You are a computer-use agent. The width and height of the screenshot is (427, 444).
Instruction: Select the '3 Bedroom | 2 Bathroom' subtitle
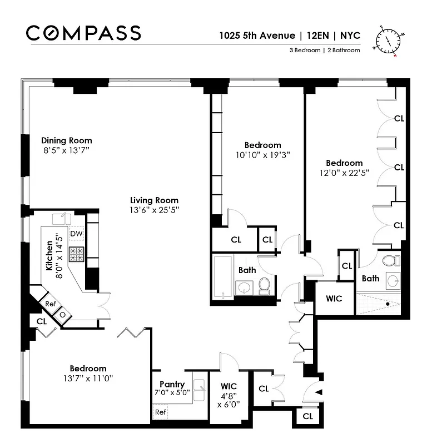click(x=324, y=51)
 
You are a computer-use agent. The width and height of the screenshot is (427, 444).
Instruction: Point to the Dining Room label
click(x=66, y=140)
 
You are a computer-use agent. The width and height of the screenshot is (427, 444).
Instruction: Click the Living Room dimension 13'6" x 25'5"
click(x=154, y=210)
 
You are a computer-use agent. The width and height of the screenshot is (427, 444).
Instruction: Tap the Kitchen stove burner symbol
click(x=76, y=254)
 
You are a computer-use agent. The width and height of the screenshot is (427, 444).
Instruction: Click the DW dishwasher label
click(x=76, y=234)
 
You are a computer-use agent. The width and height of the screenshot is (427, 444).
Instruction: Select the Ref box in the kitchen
click(x=50, y=304)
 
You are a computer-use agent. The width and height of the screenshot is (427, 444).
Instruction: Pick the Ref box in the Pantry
click(x=160, y=412)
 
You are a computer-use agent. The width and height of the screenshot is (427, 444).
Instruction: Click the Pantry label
click(x=172, y=384)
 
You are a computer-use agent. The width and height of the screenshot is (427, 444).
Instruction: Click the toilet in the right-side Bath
click(x=390, y=260)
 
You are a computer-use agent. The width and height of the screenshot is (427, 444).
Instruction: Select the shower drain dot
click(x=388, y=304)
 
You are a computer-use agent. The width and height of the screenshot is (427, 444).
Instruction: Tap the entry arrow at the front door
click(x=319, y=393)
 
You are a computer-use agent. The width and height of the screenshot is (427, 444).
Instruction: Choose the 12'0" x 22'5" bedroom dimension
click(x=344, y=173)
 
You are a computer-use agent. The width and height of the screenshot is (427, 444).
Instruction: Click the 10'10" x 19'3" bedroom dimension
click(x=262, y=155)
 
